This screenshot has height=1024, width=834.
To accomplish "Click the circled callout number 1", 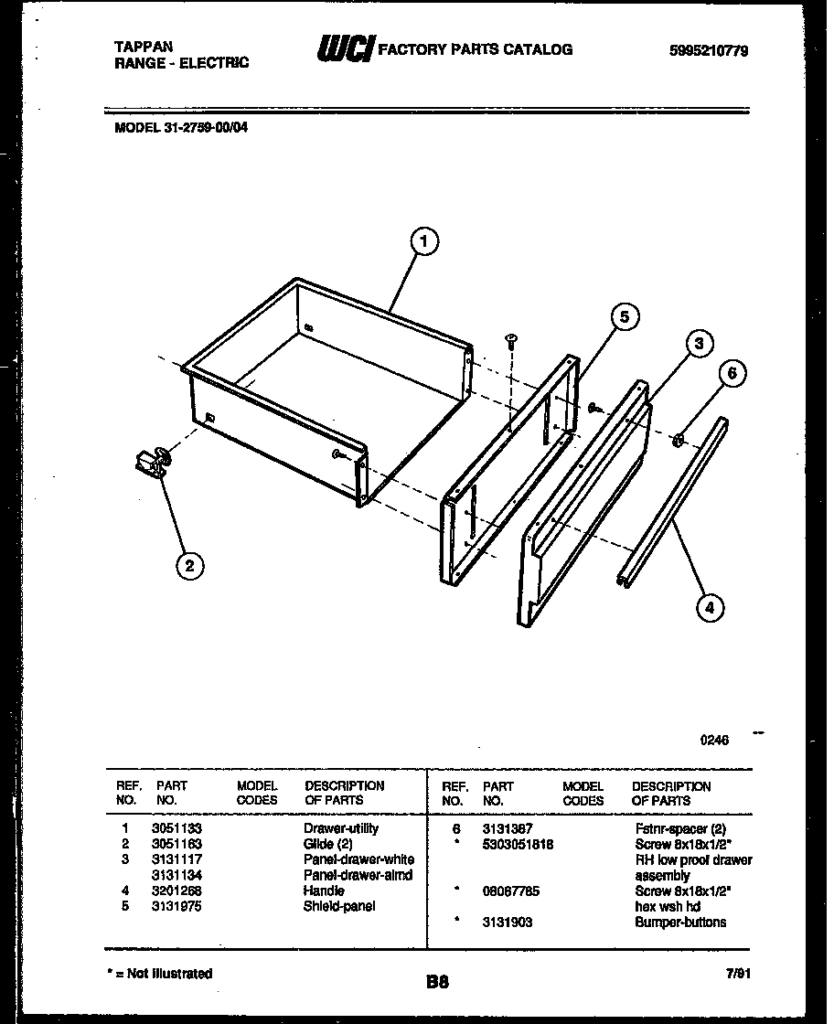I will point(422,242).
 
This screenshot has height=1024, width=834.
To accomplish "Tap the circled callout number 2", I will point(189,566).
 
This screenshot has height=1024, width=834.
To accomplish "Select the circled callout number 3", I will point(698,344).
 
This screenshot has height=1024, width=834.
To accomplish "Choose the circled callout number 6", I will point(731,373).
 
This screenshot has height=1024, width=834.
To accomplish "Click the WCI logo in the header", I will point(345,49).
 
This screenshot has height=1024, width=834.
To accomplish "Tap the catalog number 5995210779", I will point(709,51).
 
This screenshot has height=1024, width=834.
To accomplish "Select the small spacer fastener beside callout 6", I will point(679,442).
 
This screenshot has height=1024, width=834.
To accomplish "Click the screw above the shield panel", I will point(511,342).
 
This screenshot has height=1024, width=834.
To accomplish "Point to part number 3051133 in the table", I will point(176,828).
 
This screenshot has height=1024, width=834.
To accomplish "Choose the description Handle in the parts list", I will point(324,891).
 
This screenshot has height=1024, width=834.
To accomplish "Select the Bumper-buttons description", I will point(680,922).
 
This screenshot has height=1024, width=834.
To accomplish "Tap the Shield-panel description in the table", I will point(338,906).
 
